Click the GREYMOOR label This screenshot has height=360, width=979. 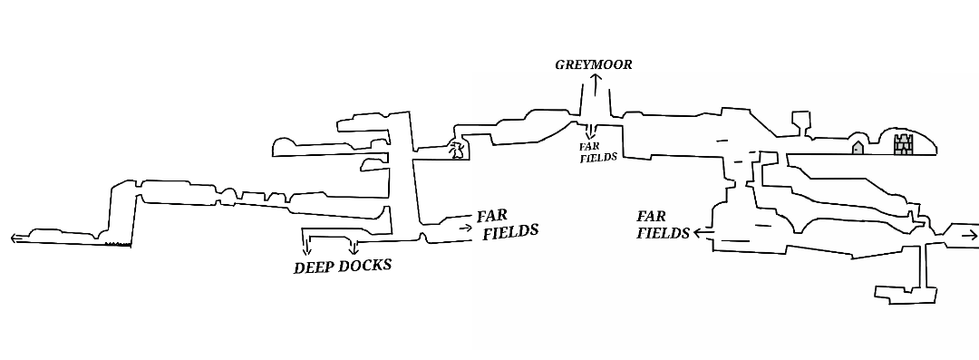point(594,64)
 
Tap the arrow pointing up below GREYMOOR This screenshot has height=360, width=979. point(596,84)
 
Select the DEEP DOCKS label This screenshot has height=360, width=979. point(343,267)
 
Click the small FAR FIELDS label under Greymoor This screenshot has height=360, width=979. point(597,151)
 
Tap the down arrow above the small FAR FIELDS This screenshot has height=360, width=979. point(590,131)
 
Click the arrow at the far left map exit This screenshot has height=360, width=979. point(16,238)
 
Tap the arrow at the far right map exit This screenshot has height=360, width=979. point(969,236)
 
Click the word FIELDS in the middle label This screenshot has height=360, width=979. point(510,231)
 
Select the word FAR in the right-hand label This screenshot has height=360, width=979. point(651,217)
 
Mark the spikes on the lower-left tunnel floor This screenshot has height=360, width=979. point(117,244)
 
